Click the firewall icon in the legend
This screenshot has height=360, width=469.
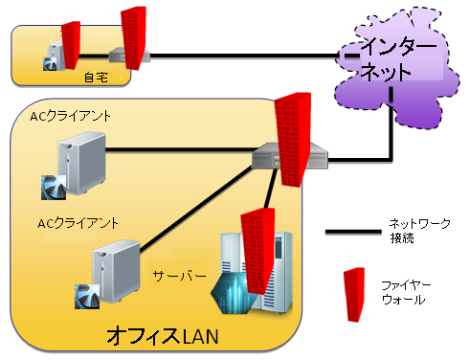point(355,292)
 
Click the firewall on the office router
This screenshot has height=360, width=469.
point(289,139)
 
